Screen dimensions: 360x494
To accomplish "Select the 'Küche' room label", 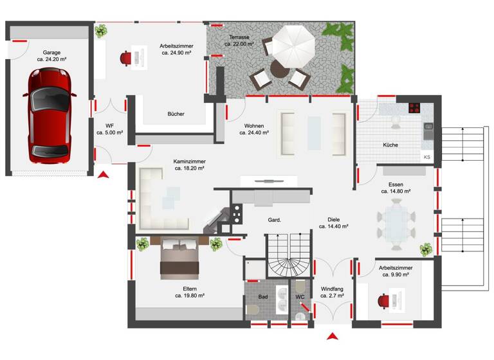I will coord(390,145).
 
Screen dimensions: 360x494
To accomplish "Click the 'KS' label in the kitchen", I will coord(426,157).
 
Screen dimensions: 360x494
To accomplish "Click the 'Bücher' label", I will coord(176,114).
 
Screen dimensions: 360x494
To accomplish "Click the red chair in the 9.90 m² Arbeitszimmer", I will coord(385,300).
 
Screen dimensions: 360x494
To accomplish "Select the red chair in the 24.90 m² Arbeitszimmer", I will coord(125,58).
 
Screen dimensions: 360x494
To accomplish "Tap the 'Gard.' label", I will coord(275,221).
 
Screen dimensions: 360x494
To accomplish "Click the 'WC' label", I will coord(300,297).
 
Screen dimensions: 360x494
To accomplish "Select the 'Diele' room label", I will coord(333,219).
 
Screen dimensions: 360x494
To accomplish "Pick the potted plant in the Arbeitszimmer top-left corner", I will coord(102,31).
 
